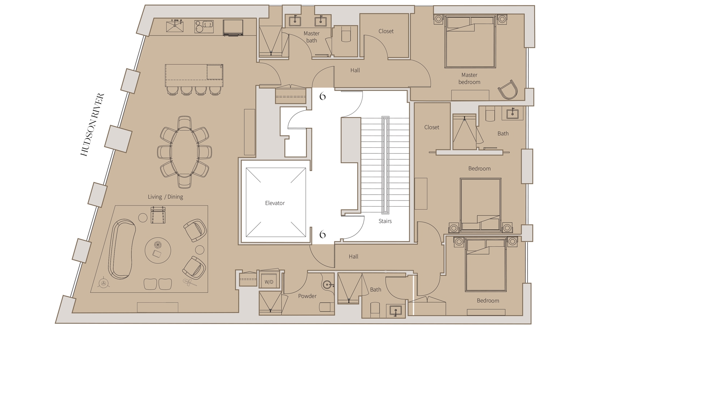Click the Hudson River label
(x=92, y=125)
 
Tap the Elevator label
(x=275, y=203)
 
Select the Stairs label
(x=385, y=221)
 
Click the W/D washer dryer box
(x=268, y=282)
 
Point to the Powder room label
(x=307, y=296)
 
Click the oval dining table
(x=184, y=152)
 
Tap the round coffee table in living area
(x=158, y=250)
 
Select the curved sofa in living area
(x=122, y=249)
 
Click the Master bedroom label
(x=469, y=79)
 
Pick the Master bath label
(x=311, y=37)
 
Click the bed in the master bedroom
(x=470, y=42)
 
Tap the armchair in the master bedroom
(x=507, y=90)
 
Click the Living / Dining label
(x=165, y=197)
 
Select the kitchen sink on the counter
(x=175, y=26)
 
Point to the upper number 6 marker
(x=322, y=96)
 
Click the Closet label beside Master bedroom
(x=386, y=31)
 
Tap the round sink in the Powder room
(x=328, y=285)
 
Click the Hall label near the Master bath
(x=355, y=70)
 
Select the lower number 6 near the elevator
(x=322, y=235)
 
